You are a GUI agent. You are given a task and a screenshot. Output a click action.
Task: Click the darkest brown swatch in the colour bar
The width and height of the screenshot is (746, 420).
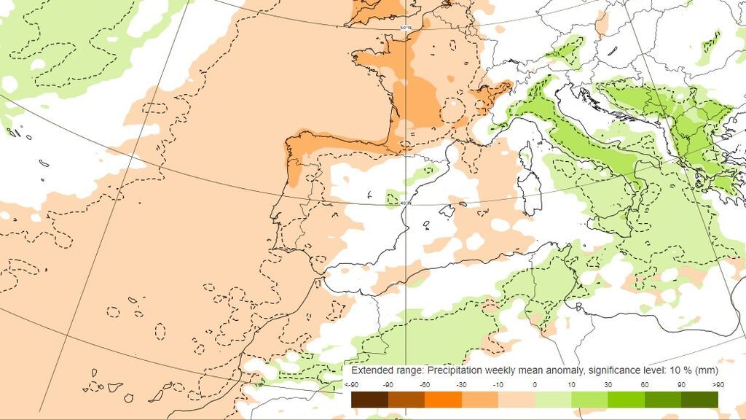pos(369,400)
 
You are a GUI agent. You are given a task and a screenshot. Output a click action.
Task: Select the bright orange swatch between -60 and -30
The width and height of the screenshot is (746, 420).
pos(443,400)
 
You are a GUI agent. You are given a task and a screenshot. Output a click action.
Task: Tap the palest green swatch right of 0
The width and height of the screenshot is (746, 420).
pos(553,400)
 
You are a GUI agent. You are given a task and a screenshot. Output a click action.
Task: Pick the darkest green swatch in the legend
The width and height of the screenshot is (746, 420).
pos(699,400)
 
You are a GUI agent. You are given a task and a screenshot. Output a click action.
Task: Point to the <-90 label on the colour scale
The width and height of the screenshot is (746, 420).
pos(351,385)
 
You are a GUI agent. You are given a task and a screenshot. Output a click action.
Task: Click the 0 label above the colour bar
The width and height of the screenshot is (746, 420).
pos(535,385)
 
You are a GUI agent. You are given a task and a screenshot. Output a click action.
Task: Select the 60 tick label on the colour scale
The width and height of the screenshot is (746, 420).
pos(645,385)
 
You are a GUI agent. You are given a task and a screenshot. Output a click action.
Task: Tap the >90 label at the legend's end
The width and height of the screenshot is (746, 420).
pos(718,385)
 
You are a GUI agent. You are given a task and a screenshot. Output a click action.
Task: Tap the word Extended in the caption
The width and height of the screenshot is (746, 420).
pos(372,370)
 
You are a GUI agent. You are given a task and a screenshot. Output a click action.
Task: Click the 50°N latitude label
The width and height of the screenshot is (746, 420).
pos(406,28)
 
